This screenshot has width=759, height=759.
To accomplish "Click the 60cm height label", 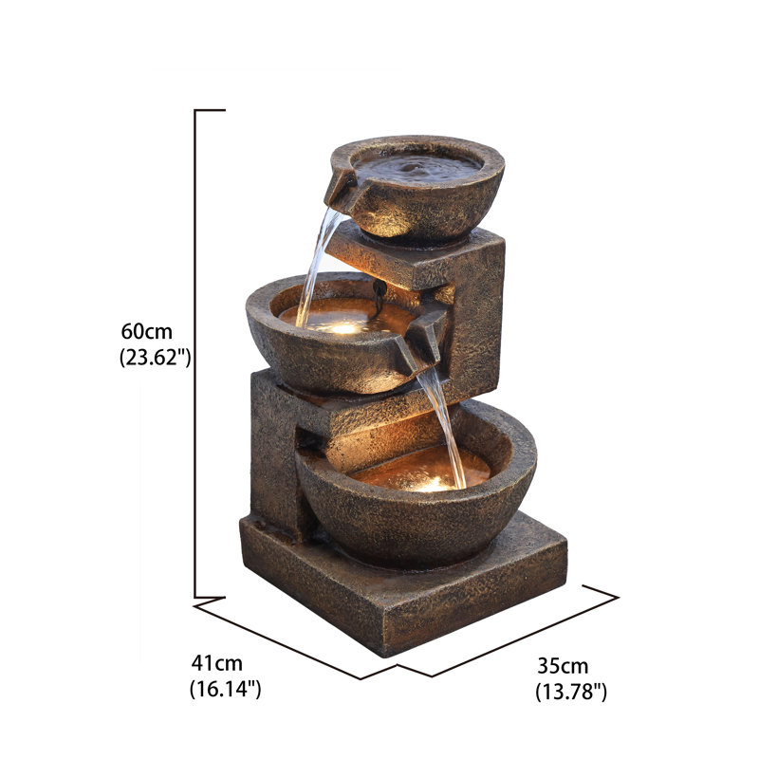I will pyautogui.click(x=146, y=332).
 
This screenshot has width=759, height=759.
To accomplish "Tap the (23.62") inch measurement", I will pyautogui.click(x=156, y=359).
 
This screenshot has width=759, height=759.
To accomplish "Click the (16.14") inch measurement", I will pyautogui.click(x=225, y=690).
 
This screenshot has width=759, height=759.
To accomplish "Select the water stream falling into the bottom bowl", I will pyautogui.click(x=446, y=427).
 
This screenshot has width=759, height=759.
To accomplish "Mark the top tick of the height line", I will pyautogui.click(x=210, y=111).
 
